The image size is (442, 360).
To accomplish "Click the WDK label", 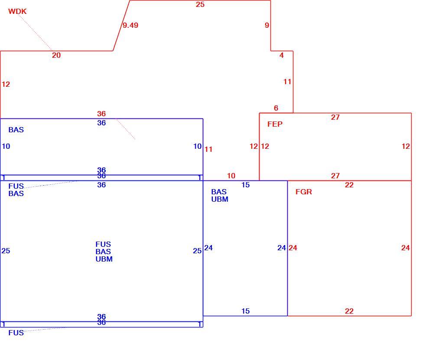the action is (x=17, y=11).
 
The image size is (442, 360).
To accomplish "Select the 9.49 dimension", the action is (x=130, y=25).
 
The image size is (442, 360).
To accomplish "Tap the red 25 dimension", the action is (x=200, y=4).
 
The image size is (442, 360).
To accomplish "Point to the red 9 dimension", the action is (x=266, y=25).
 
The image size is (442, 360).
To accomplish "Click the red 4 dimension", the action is (x=281, y=55).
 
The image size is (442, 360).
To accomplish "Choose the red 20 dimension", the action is (x=56, y=55).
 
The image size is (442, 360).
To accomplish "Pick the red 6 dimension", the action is (x=276, y=108).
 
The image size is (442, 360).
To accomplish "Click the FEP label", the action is (x=275, y=124).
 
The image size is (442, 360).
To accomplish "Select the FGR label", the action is (x=304, y=192).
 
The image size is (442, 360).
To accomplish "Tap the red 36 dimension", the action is (x=101, y=114).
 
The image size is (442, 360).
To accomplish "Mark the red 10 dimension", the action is (x=231, y=176).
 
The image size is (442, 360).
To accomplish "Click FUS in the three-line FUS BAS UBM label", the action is (x=103, y=244).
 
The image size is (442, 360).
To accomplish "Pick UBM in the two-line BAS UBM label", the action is (x=220, y=199).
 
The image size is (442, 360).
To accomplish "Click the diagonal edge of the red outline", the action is (x=121, y=26).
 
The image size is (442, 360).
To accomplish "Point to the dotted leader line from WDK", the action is (x=36, y=33).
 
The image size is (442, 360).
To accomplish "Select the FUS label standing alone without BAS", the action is (x=16, y=333).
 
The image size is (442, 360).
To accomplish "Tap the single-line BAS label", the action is (x=16, y=130).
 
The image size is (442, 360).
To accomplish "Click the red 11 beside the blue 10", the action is (x=208, y=149).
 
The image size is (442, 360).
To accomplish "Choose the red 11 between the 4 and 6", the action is (x=287, y=82).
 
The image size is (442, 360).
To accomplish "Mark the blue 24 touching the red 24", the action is (x=282, y=248).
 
